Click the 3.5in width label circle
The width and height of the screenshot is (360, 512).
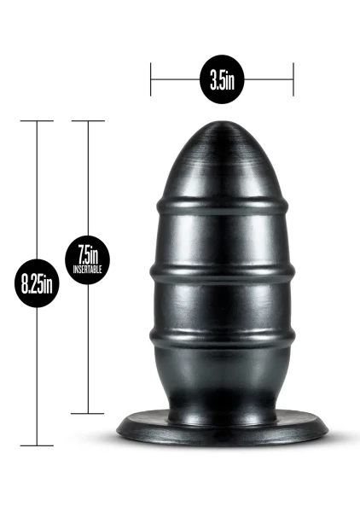222,79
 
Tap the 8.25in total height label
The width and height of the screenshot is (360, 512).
37,283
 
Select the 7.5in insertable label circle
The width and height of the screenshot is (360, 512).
88,260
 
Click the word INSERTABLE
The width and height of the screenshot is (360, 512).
88,270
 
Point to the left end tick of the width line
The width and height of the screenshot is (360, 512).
150,79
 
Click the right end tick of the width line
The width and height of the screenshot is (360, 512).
293,79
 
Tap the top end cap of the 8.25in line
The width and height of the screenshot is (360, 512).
37,121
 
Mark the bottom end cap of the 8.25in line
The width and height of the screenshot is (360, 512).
37,445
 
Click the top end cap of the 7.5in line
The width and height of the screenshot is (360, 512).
88,121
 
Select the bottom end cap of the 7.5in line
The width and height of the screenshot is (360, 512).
88,413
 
